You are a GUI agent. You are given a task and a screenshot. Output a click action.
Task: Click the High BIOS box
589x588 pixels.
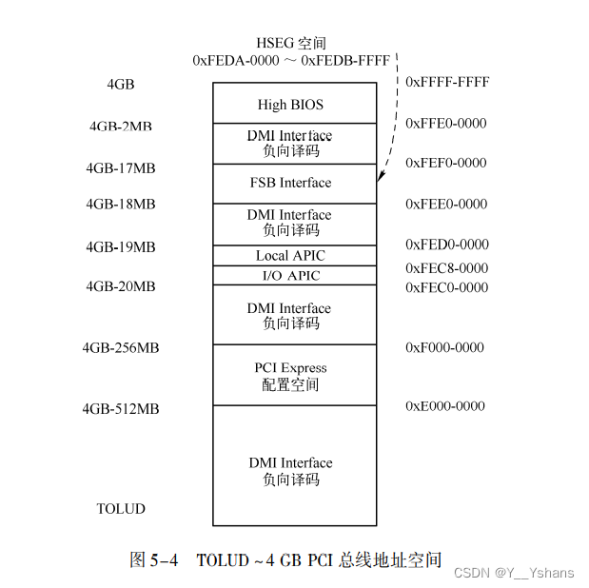pos(290,104)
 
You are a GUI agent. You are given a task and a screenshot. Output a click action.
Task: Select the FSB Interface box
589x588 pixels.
pos(290,183)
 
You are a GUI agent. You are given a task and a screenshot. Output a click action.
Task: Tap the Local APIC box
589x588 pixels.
pos(290,255)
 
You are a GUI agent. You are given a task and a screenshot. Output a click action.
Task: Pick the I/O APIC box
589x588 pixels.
pos(290,276)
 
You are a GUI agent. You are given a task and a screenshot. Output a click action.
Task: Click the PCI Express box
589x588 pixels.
pos(290,376)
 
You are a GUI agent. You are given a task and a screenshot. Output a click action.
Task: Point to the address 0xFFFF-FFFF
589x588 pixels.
pos(447,82)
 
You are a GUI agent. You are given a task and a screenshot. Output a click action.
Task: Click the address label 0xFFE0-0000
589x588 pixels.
pos(446,123)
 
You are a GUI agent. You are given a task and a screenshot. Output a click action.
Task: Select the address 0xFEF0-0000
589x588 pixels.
pos(446,163)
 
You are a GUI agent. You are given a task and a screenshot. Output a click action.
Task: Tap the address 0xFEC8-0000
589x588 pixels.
pos(446,268)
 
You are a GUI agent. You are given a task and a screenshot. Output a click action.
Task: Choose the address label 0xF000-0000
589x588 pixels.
pos(444,347)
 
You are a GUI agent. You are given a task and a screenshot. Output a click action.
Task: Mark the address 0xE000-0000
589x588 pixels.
pos(444,406)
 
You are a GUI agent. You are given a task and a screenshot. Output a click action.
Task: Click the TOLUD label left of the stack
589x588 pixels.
pos(121,509)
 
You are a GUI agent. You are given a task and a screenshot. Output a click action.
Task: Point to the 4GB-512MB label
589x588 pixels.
pos(121,409)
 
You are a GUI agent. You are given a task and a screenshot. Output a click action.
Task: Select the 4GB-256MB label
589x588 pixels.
pos(121,348)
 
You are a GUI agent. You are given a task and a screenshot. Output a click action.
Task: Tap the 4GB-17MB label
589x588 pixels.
pos(121,168)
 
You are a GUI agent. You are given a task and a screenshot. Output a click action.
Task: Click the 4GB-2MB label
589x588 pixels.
pos(121,127)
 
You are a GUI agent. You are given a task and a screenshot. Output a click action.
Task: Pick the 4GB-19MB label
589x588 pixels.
pos(121,247)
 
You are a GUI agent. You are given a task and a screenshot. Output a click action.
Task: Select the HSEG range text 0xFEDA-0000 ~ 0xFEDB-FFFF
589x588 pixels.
pos(290,60)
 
